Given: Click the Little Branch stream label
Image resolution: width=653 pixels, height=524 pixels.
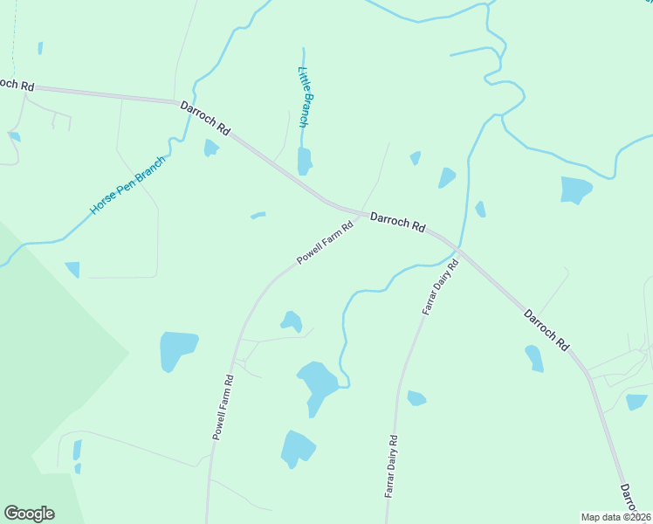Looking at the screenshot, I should click(305, 97).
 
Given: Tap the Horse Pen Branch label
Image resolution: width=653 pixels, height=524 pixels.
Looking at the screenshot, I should click(127, 186).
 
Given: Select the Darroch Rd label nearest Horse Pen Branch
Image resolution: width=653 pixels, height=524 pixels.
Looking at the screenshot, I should click(205, 118).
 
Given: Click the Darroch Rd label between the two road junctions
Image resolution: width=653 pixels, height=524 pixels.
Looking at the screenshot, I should click(397, 222).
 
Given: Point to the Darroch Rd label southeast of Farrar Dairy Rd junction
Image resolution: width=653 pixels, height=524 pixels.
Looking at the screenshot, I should click(546, 329).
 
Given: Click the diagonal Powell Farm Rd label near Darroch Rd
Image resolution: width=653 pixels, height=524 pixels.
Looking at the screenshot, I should click(325, 243).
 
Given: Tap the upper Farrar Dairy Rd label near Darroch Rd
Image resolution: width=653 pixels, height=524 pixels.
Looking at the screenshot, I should click(440, 286).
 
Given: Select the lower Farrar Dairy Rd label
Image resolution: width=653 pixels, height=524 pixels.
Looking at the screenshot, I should click(391, 466).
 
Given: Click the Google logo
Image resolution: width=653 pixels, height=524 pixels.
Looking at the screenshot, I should click(29, 514).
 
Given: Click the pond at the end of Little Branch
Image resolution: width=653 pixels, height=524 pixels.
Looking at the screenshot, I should click(305, 161).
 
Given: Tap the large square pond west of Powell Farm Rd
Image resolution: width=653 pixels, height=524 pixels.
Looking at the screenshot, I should click(178, 350).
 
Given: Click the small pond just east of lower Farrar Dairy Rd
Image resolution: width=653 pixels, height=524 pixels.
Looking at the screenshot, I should click(416, 398).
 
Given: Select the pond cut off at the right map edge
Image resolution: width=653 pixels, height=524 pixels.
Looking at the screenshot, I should click(636, 401).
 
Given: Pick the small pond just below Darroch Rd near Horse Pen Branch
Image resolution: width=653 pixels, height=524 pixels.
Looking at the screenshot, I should click(210, 148).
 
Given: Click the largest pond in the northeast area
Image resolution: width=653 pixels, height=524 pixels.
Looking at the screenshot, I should click(574, 189).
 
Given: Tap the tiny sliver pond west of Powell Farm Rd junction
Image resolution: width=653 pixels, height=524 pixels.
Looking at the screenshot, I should click(258, 215).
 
